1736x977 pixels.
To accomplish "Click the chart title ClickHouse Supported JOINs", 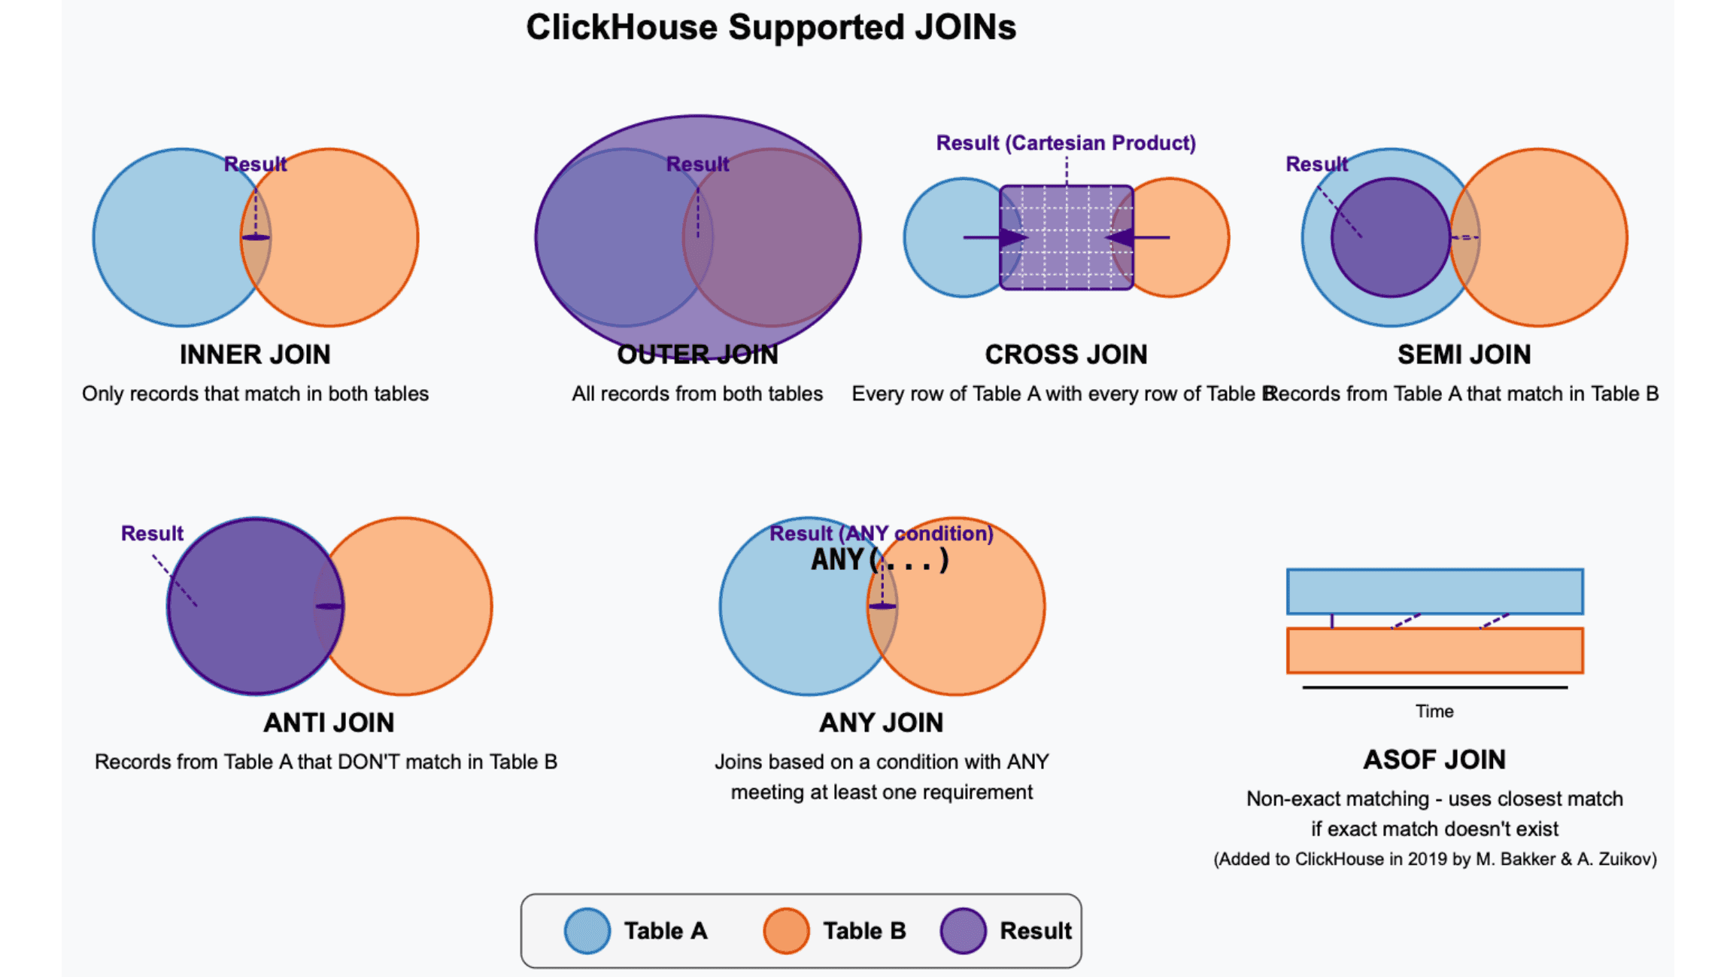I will coord(771,28).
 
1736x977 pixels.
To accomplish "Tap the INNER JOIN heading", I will coord(255,355).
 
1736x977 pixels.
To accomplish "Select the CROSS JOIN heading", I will coord(1066,355).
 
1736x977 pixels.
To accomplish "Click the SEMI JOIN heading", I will coord(1464,355).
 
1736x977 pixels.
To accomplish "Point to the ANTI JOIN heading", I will coord(329,723).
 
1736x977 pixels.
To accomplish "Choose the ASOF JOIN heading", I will coord(1434,759).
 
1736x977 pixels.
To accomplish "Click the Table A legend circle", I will coord(587,931).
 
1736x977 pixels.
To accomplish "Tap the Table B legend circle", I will coord(786,931).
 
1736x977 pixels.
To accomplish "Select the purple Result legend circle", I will coord(963,931).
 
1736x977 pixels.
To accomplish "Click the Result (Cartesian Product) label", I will coord(1066,143).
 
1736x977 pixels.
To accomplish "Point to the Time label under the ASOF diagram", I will coord(1434,711).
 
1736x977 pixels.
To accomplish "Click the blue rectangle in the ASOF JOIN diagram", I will coord(1434,592).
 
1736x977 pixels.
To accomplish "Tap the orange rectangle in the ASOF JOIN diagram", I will coord(1434,650).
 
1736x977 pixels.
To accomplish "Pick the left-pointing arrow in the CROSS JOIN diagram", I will coord(1137,238).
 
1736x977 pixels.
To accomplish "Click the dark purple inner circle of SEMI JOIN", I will coord(1390,256).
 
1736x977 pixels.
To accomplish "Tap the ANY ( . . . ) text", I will coord(879,561).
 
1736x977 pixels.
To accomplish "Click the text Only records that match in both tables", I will coord(255,394).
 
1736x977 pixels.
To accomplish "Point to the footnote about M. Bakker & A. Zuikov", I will coord(1434,860).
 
